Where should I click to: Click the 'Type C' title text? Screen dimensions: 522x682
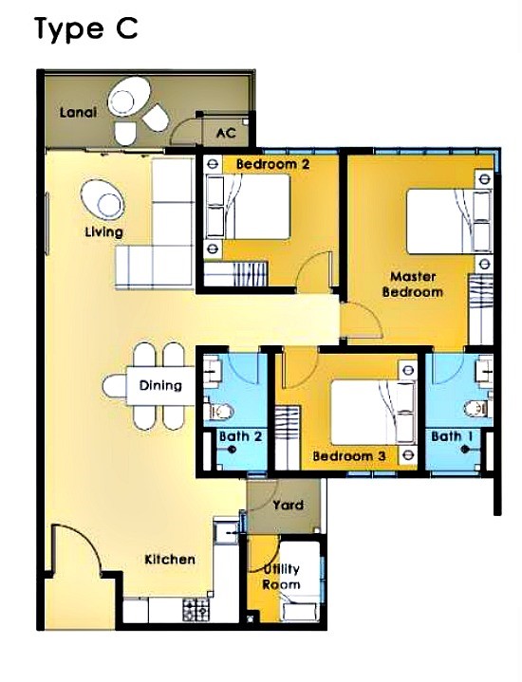86,29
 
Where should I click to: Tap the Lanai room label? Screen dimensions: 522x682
78,113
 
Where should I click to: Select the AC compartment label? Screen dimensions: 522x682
226,132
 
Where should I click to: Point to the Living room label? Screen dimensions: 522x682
104,231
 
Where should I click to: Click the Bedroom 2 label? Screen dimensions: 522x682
273,164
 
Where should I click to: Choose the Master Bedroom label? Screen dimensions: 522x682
412,284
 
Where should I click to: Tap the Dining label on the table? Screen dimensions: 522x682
160,385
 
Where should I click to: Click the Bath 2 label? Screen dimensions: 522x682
241,436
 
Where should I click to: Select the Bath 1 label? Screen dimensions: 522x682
453,436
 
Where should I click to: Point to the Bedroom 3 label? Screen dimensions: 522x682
349,456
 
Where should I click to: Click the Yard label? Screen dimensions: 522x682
289,505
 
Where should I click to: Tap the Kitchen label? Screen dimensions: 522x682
170,559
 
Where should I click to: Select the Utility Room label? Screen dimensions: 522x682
281,577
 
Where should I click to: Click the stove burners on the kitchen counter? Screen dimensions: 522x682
196,610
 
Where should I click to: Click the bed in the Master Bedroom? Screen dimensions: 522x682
449,220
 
